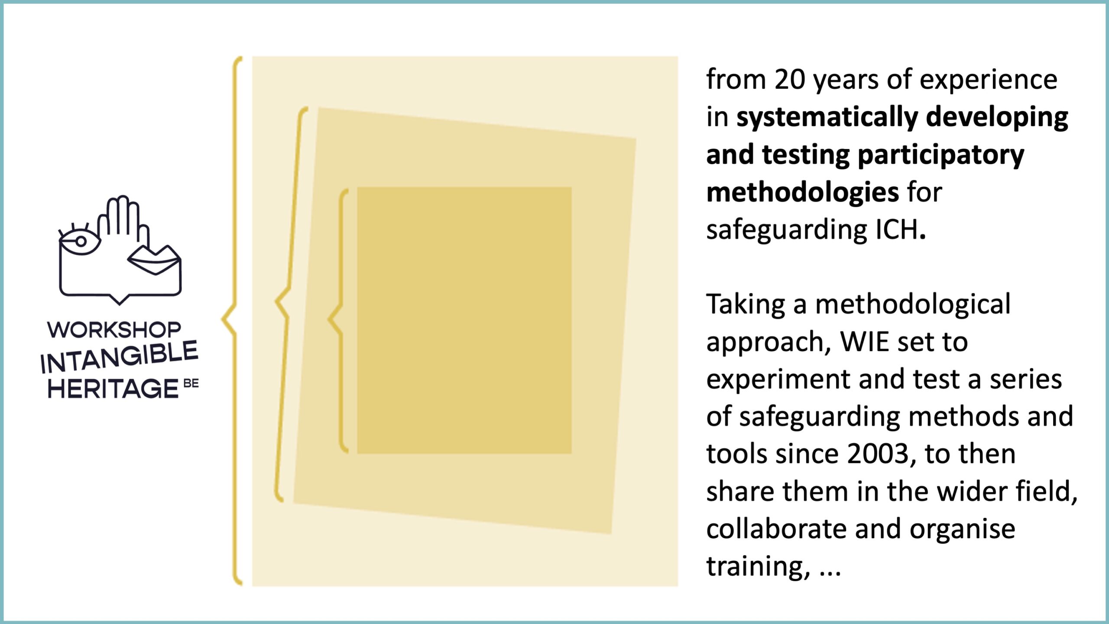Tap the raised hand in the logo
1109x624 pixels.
click(x=123, y=221)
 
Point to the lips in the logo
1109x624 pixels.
click(x=154, y=260)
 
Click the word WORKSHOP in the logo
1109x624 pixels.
click(x=114, y=330)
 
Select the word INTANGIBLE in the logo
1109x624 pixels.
click(x=119, y=357)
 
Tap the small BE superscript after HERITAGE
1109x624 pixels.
click(x=191, y=383)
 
